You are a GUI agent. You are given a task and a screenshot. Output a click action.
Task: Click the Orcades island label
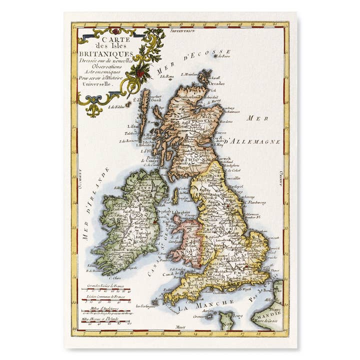(216, 83)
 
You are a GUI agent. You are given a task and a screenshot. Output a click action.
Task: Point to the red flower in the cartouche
(141, 73)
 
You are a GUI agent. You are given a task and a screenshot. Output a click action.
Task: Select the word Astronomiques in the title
(99, 72)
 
